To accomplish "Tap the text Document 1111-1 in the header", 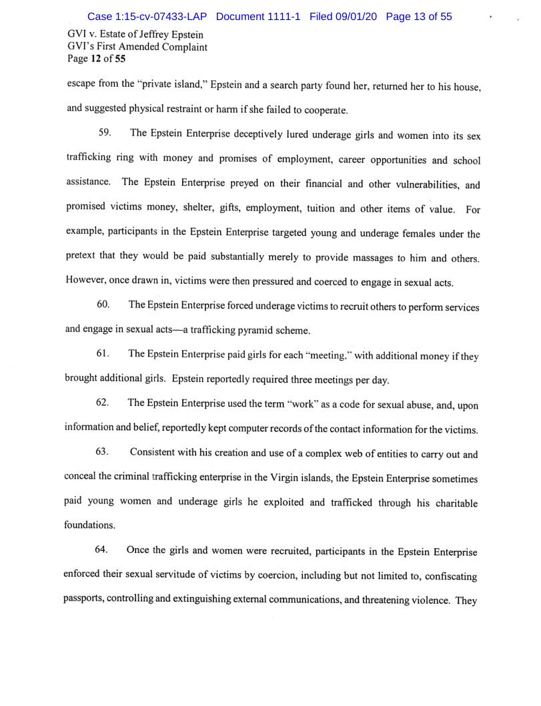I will pos(260,16).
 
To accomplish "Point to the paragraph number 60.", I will pos(103,305).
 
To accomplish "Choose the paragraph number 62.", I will pos(103,402).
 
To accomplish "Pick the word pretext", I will pos(85,258).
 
